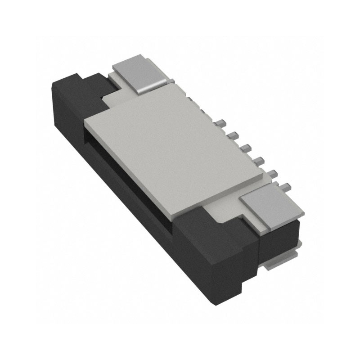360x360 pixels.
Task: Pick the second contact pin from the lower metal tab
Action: (272, 171)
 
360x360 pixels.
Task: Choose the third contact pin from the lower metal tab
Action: (258, 159)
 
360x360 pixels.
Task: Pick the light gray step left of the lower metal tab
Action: (225, 211)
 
